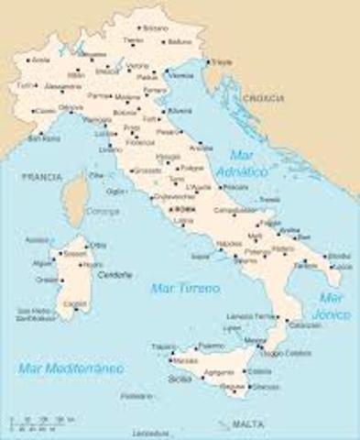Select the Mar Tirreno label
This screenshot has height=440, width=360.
[x=185, y=290]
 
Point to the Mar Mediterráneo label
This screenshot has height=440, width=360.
[x=71, y=368]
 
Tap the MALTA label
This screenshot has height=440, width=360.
[x=245, y=425]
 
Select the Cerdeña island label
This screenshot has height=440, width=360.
[x=115, y=274]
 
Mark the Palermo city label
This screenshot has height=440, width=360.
[x=212, y=346]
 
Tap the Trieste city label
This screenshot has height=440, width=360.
[x=222, y=62]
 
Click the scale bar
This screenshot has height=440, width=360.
[x=38, y=424]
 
